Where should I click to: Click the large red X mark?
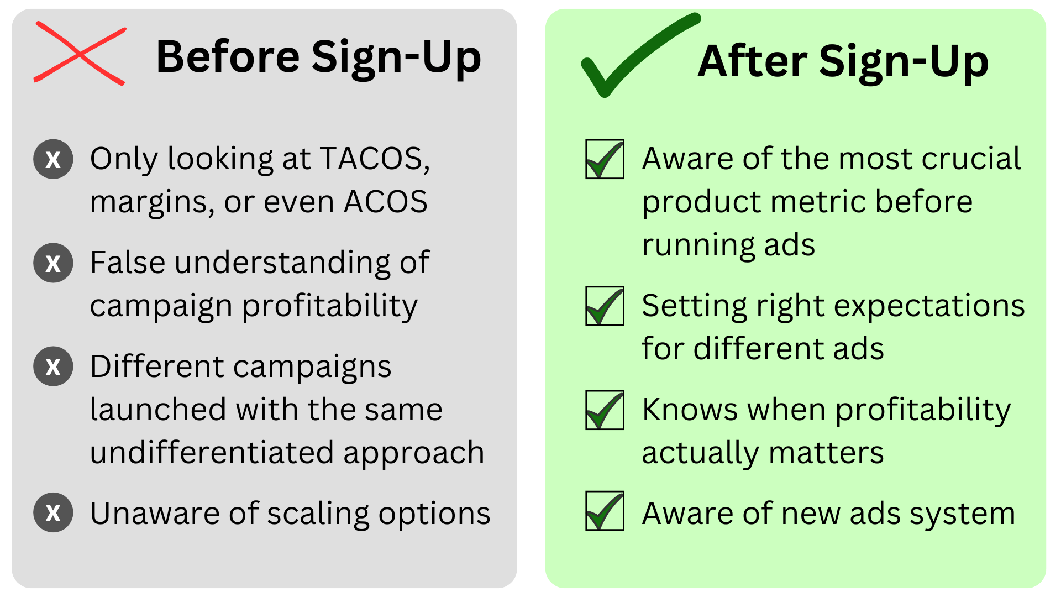pyautogui.click(x=81, y=54)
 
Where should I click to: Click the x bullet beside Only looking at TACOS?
pyautogui.click(x=53, y=159)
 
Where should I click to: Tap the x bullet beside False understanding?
pyautogui.click(x=53, y=263)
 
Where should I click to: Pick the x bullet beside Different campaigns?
pyautogui.click(x=53, y=366)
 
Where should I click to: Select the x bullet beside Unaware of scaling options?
pyautogui.click(x=53, y=512)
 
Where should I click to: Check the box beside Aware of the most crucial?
pyautogui.click(x=605, y=160)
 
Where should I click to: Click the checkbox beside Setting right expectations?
pyautogui.click(x=605, y=306)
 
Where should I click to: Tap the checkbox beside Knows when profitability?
pyautogui.click(x=605, y=410)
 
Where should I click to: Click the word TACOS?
pyautogui.click(x=375, y=159)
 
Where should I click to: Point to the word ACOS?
pyautogui.click(x=386, y=201)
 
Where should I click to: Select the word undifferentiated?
pyautogui.click(x=212, y=452)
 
